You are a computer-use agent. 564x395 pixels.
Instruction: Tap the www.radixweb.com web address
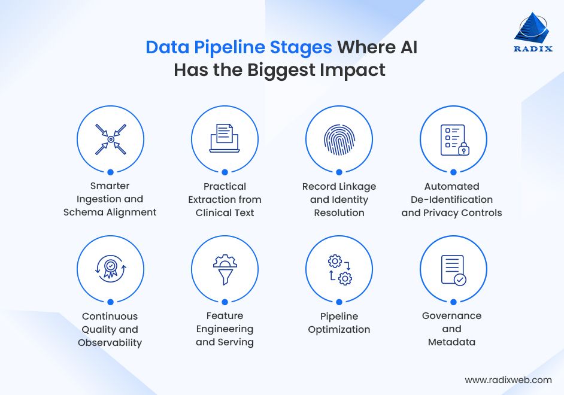click(x=508, y=379)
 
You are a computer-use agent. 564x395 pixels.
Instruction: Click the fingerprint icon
click(x=339, y=139)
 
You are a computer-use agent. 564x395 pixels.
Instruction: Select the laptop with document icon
click(x=225, y=138)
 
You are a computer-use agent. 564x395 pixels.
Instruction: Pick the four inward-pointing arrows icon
click(x=111, y=139)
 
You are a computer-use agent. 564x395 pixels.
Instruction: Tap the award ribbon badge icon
click(x=111, y=269)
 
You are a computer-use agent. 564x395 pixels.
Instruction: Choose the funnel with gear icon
click(x=225, y=269)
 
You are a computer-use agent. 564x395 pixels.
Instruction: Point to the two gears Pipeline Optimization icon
click(x=339, y=269)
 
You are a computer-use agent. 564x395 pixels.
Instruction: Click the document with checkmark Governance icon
click(x=453, y=269)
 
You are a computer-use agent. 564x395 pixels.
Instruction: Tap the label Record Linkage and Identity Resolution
click(x=339, y=199)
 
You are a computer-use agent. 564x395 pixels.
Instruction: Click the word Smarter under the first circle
click(x=110, y=186)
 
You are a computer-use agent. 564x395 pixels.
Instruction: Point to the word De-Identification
click(x=451, y=199)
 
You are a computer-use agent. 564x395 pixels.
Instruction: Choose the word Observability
click(x=110, y=343)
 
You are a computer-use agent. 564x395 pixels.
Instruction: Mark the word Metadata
click(x=451, y=342)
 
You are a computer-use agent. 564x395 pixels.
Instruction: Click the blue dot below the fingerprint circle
click(x=339, y=172)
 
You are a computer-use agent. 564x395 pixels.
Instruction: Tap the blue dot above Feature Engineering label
click(x=225, y=302)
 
